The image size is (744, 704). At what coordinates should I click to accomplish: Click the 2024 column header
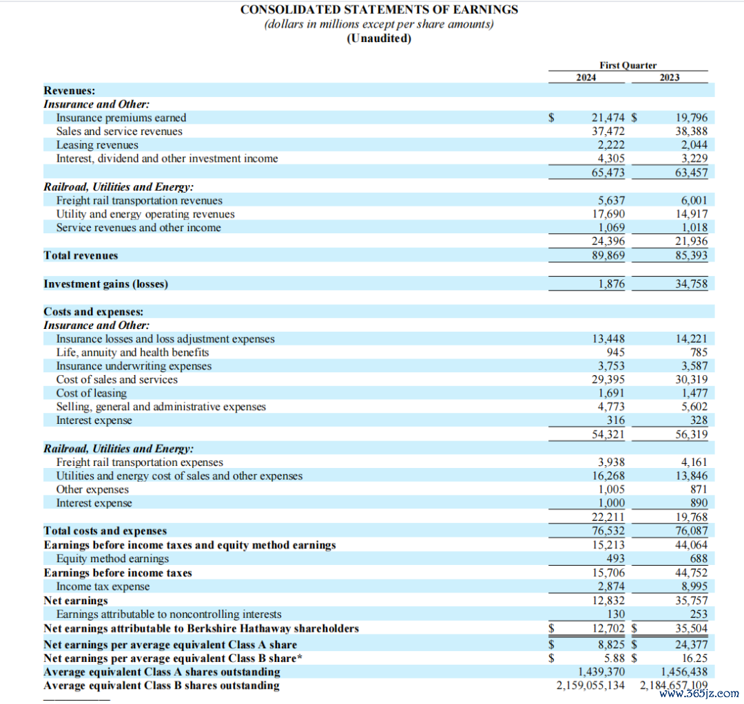click(x=586, y=77)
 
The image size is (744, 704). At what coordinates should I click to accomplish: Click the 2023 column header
click(x=669, y=77)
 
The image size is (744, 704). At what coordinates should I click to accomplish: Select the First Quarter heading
click(x=628, y=65)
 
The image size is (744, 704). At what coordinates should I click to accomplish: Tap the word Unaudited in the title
click(x=379, y=38)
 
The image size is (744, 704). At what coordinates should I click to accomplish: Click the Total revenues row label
click(x=81, y=255)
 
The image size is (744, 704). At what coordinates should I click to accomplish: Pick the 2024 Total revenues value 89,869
click(x=609, y=255)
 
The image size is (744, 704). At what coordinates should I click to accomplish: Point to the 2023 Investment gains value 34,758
click(x=691, y=284)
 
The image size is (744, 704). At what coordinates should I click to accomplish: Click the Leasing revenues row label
click(x=97, y=145)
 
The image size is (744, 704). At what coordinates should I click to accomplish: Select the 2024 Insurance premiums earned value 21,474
click(x=609, y=118)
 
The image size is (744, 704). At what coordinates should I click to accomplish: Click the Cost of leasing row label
click(x=92, y=393)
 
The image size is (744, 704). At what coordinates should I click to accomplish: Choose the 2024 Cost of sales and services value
click(x=609, y=379)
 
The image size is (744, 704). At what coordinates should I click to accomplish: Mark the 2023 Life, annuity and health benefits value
click(x=699, y=352)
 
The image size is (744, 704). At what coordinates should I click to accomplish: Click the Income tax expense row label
click(x=103, y=586)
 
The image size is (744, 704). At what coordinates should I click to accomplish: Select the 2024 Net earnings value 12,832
click(x=609, y=600)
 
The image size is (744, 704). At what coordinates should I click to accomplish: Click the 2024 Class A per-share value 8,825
click(x=612, y=645)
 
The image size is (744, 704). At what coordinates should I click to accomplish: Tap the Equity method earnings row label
click(x=112, y=559)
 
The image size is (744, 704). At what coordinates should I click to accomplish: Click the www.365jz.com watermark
click(x=699, y=694)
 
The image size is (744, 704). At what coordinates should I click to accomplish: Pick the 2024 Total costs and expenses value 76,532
click(x=609, y=531)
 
